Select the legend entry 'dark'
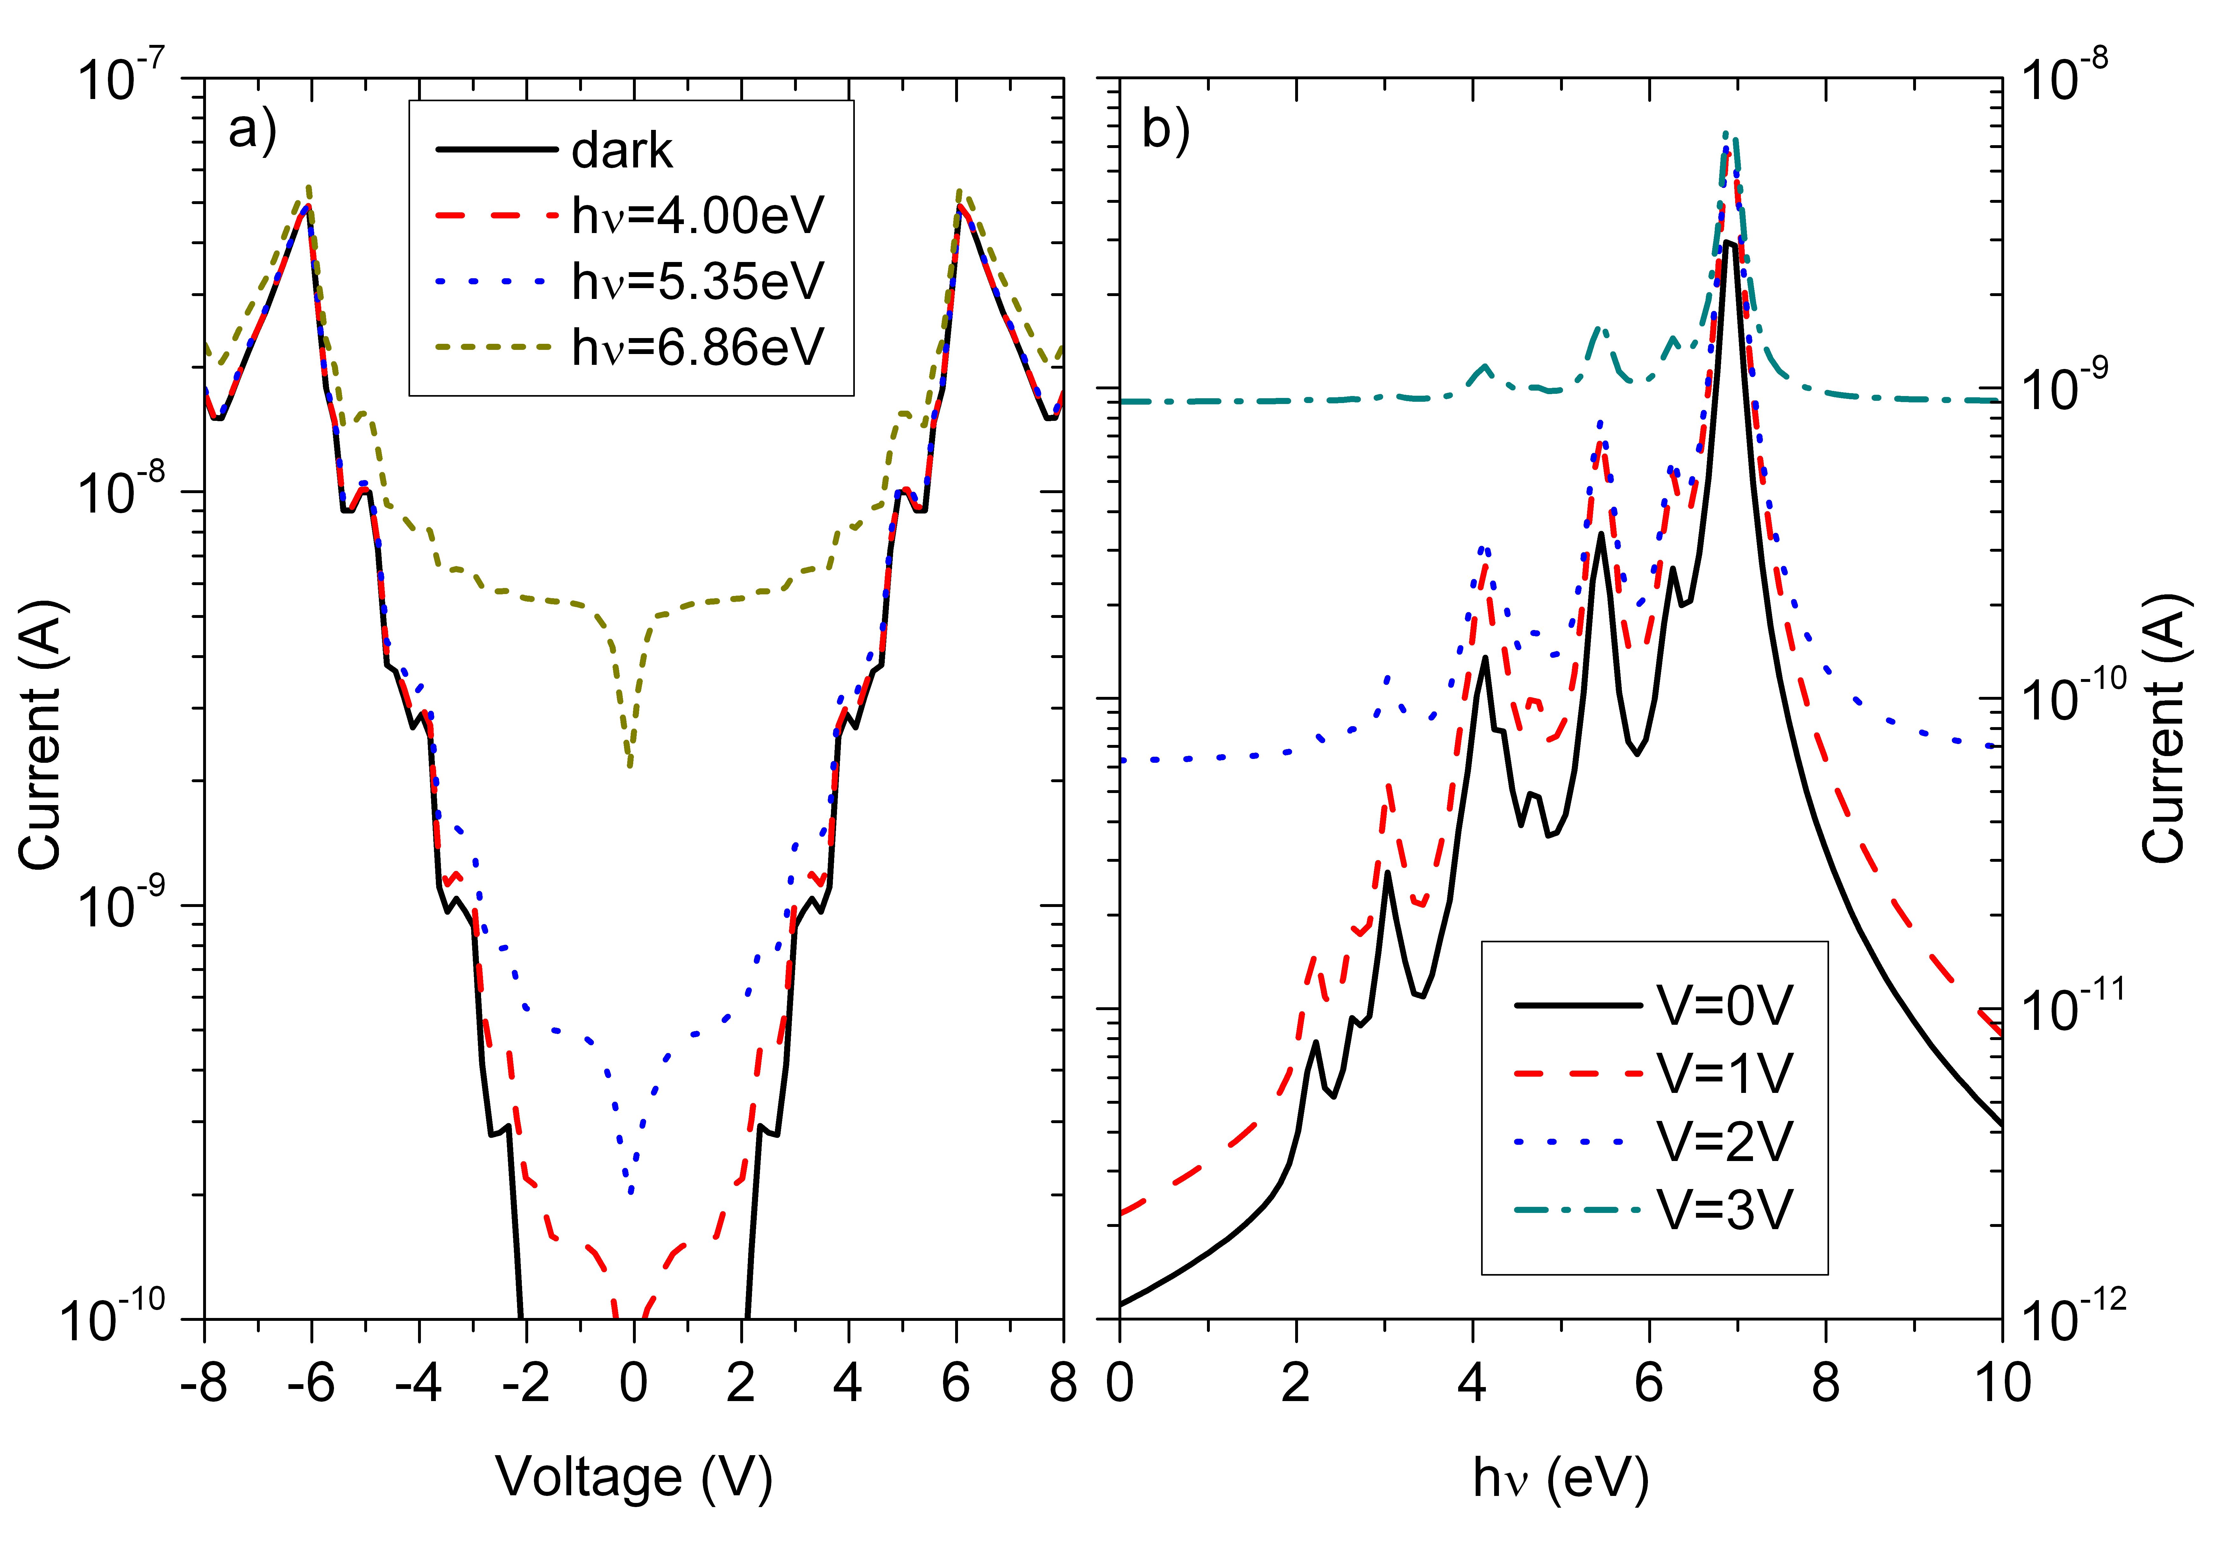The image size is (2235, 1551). [622, 151]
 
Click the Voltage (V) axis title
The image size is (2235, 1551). [634, 1478]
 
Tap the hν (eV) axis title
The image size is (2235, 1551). [1561, 1478]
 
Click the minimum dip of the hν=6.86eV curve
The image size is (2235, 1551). [630, 766]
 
